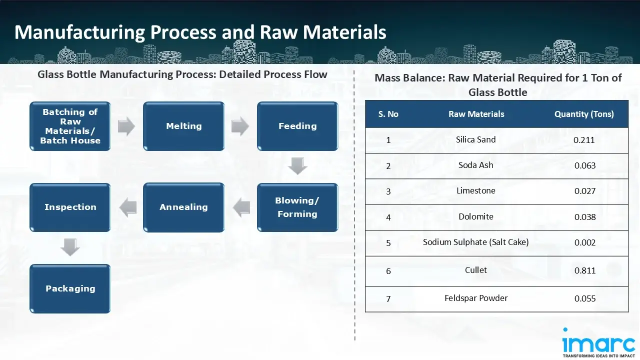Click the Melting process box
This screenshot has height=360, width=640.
click(x=183, y=126)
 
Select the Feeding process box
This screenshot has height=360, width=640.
click(x=297, y=126)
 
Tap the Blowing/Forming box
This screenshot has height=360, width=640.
click(x=297, y=207)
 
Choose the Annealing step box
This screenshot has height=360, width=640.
click(x=183, y=207)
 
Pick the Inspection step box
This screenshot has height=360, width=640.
click(x=70, y=207)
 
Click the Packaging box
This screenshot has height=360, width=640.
click(x=70, y=288)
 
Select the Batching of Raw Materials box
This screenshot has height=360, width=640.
click(x=70, y=126)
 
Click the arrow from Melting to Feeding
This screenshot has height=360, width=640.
click(x=240, y=126)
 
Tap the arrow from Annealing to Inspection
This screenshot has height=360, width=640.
click(x=127, y=207)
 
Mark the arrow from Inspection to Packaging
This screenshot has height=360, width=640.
click(x=70, y=247)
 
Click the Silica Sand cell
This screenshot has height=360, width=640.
click(x=475, y=139)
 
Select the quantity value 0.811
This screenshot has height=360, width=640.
click(x=584, y=270)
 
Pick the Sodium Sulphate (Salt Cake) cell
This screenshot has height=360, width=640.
click(x=475, y=242)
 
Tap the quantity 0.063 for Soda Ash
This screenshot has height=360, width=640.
click(x=584, y=165)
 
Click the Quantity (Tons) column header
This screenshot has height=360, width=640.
click(x=584, y=114)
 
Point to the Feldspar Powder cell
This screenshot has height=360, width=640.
click(x=475, y=298)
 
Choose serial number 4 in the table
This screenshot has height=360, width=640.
click(x=388, y=217)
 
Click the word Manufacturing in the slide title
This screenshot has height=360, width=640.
click(x=79, y=32)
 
